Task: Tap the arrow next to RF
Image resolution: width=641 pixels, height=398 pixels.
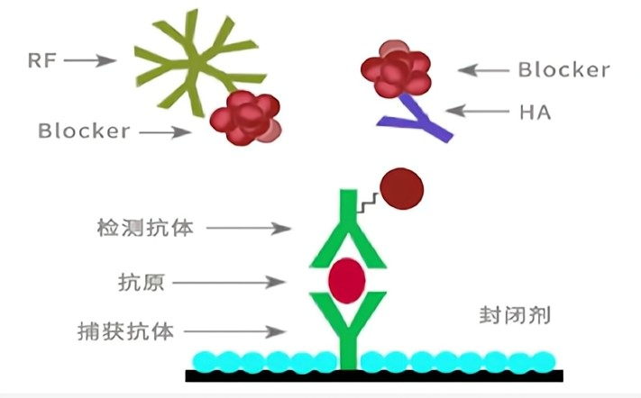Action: (90, 61)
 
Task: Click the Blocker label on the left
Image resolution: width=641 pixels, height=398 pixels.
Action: (85, 131)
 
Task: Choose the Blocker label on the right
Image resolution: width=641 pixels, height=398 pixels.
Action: (564, 69)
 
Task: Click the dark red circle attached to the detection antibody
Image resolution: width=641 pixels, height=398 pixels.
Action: (401, 189)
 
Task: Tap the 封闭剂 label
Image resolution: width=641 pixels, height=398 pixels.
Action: (515, 316)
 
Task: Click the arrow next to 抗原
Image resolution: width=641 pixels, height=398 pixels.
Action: (226, 283)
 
